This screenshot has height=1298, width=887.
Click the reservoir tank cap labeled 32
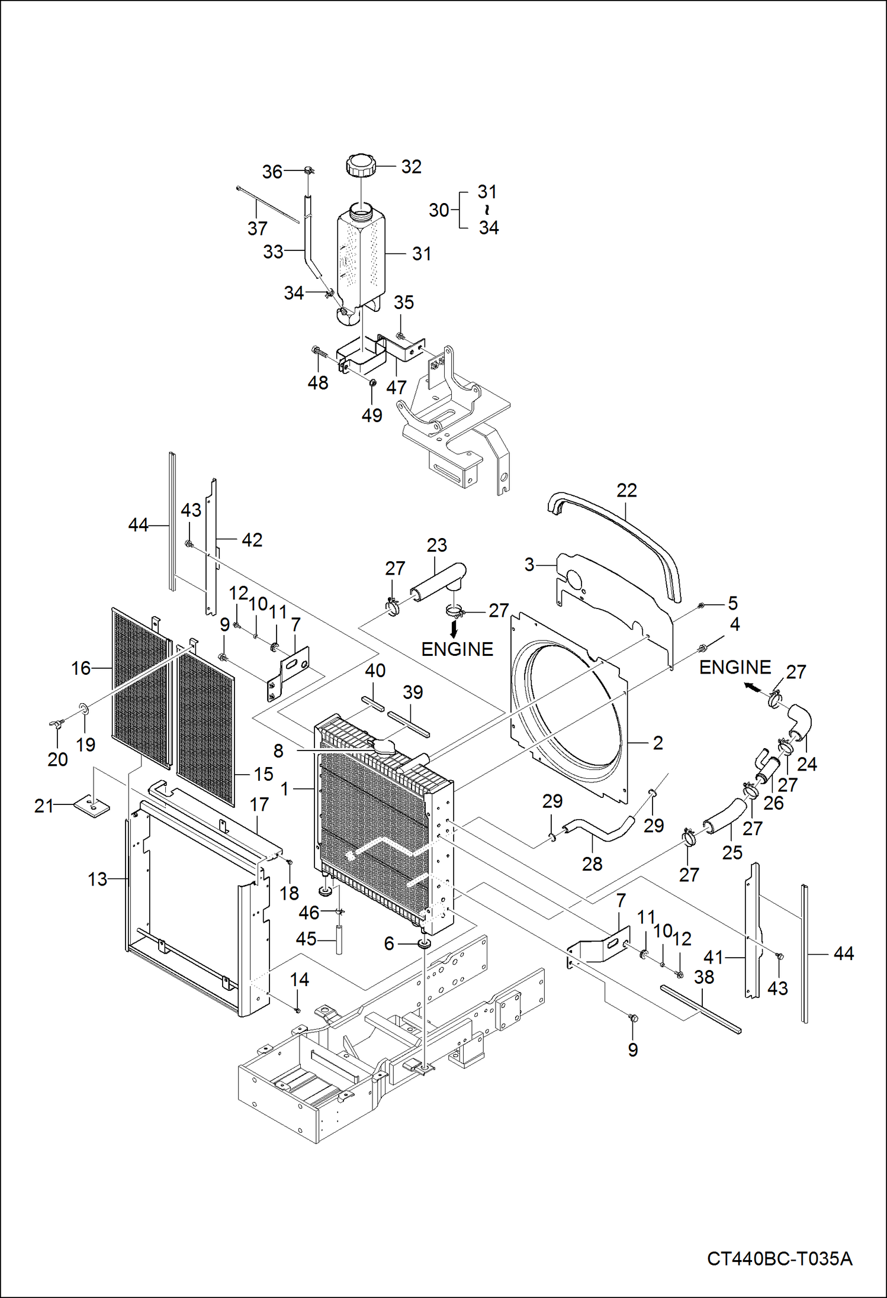click(x=360, y=165)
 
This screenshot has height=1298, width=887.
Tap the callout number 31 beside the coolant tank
click(x=422, y=254)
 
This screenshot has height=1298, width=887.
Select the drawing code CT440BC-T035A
click(x=779, y=1258)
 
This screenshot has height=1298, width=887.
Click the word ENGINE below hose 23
click(x=457, y=649)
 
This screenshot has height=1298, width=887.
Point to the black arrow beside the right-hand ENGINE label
click(x=751, y=687)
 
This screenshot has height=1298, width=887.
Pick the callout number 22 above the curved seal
click(x=626, y=490)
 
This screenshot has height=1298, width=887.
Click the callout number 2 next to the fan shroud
click(x=658, y=743)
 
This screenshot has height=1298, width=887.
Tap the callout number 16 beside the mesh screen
click(x=81, y=668)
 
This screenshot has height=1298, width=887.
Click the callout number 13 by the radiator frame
click(x=98, y=879)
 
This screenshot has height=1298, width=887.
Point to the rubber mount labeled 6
click(x=424, y=943)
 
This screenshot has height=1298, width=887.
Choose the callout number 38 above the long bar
click(x=704, y=977)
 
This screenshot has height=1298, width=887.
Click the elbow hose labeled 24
click(x=799, y=722)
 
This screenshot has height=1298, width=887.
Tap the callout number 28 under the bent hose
click(x=592, y=864)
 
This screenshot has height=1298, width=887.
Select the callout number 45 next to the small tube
click(x=306, y=939)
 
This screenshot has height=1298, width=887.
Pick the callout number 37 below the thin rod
click(x=258, y=228)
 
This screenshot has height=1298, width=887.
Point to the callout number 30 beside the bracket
click(x=439, y=210)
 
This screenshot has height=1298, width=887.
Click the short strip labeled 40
click(x=373, y=704)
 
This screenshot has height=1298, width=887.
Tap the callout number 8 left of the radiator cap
click(x=278, y=751)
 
